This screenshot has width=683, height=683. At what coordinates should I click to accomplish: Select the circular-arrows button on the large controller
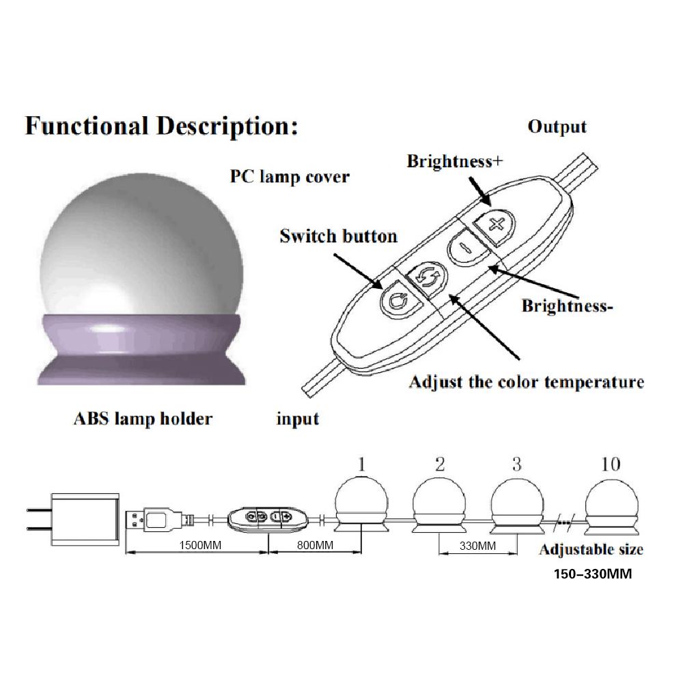(x=426, y=279)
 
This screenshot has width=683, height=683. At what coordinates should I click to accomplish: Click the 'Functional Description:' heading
(x=162, y=126)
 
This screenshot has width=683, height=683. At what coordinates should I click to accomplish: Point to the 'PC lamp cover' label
(x=290, y=177)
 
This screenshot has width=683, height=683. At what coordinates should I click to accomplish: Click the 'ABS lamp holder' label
(x=143, y=419)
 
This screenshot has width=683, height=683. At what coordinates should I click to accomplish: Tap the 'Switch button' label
(x=339, y=236)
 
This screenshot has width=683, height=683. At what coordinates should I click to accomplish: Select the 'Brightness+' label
(x=455, y=161)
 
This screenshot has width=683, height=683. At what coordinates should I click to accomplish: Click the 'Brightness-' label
(x=567, y=306)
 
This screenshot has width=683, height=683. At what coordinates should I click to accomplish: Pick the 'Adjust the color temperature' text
(x=527, y=382)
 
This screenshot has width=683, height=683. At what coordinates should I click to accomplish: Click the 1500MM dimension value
(x=200, y=545)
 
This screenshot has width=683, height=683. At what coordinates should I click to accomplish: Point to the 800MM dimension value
(x=315, y=545)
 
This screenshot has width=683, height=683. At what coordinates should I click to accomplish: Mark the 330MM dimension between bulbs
(x=477, y=546)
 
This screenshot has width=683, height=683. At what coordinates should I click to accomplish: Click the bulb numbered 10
(x=611, y=505)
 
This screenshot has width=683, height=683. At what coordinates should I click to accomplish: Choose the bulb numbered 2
(x=439, y=505)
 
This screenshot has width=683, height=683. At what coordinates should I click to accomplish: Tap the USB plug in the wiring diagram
(x=154, y=520)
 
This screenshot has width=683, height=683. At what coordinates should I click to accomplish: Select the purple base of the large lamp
(x=141, y=349)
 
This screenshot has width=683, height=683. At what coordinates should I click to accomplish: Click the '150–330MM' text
(x=593, y=574)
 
